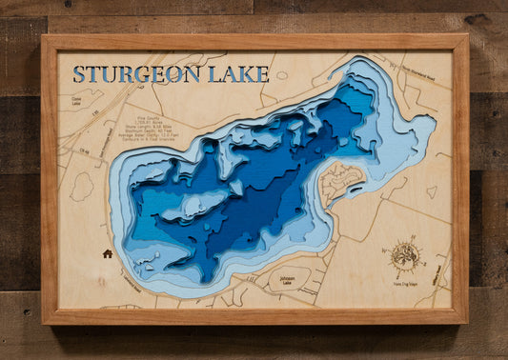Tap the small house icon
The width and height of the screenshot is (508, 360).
click(x=108, y=253)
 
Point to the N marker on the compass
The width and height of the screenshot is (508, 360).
click(x=407, y=243)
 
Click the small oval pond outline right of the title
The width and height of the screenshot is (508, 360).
click(x=281, y=75)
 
